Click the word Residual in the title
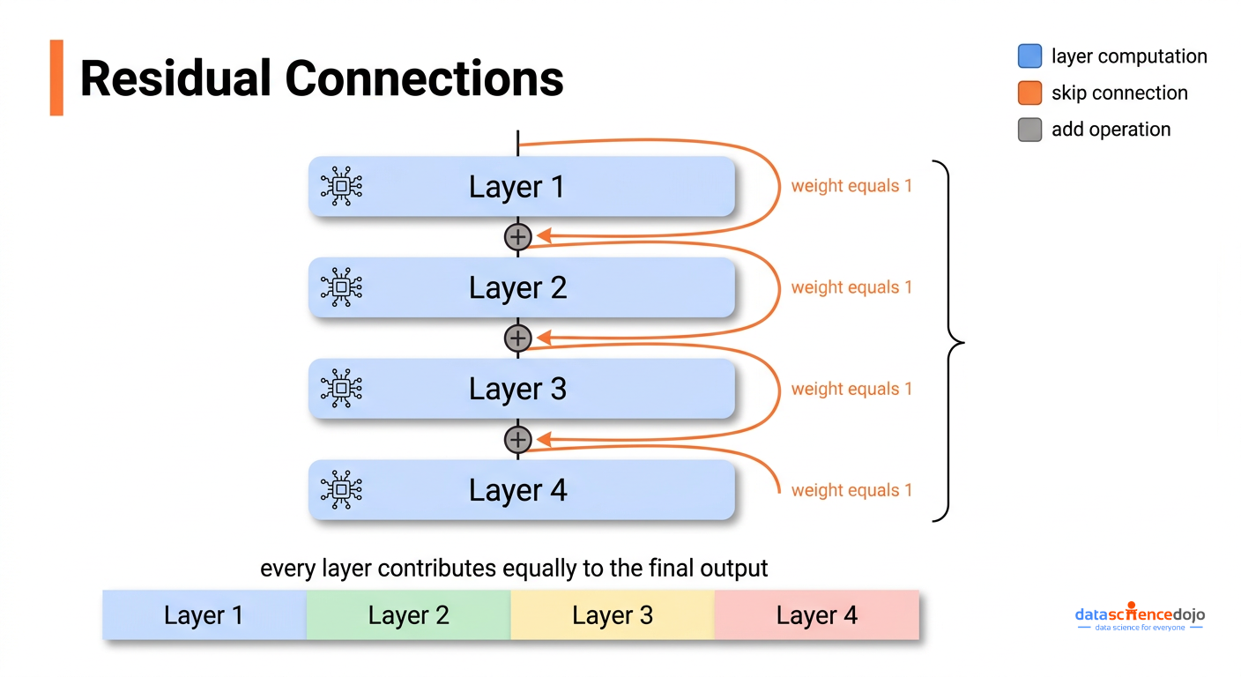tap(175, 78)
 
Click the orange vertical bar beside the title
tap(56, 78)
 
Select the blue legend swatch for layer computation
tap(1029, 56)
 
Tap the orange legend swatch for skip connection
tap(1029, 93)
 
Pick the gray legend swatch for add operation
tap(1029, 130)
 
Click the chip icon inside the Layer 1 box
tap(341, 187)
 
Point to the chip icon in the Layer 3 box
tap(341, 389)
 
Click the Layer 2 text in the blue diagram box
tap(517, 288)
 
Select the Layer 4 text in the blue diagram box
tap(517, 490)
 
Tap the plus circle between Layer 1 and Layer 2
tap(517, 236)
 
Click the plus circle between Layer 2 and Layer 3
tap(517, 338)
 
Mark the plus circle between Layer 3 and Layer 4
tap(517, 439)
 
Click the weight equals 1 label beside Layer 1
tap(851, 187)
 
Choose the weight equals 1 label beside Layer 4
tap(851, 491)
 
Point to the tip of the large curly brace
tap(963, 342)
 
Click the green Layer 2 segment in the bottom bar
tap(408, 615)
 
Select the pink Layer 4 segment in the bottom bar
tap(816, 615)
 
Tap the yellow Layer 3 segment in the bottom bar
tap(613, 615)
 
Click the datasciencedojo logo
tap(1140, 616)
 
